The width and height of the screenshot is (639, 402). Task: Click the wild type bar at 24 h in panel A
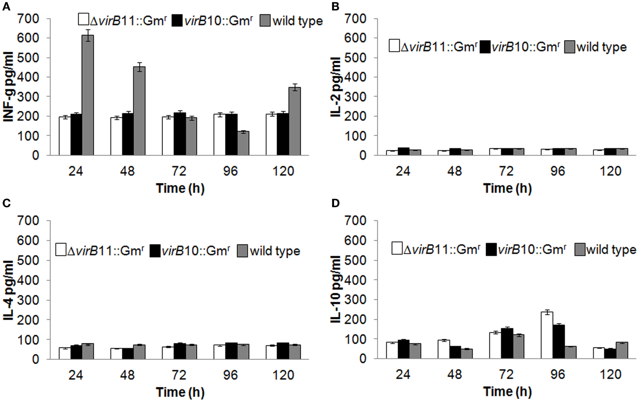click(88, 96)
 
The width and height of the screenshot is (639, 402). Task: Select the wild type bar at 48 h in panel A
click(139, 111)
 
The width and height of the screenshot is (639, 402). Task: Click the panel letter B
click(335, 6)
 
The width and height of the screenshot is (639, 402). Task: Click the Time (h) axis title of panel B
click(507, 188)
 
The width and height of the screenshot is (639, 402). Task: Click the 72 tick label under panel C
click(179, 375)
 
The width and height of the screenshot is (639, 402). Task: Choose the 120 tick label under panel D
click(611, 374)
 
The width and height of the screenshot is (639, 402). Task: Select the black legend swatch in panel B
click(485, 47)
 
